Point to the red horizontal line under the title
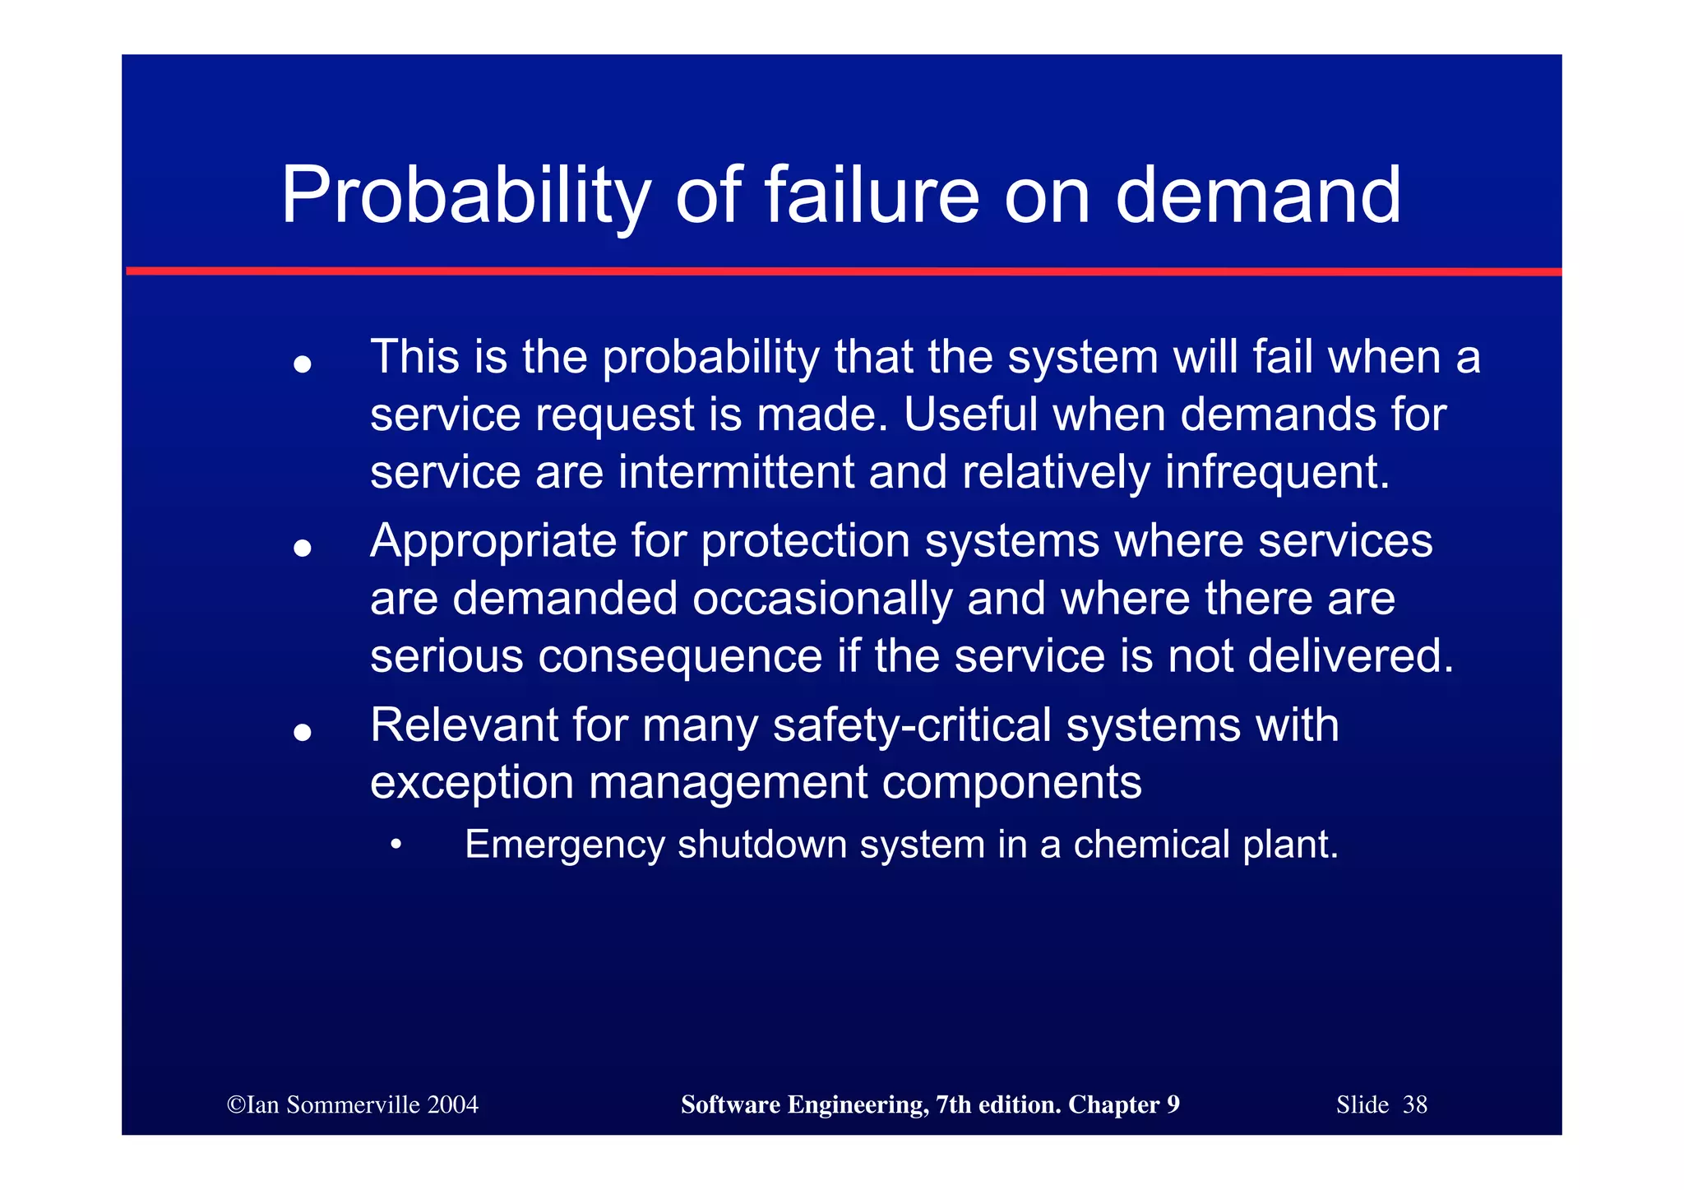click(x=843, y=271)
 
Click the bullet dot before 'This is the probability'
click(x=303, y=363)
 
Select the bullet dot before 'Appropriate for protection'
click(x=303, y=548)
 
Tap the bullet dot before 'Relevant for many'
click(x=303, y=732)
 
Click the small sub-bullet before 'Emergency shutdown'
click(x=396, y=845)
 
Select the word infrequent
click(x=1277, y=472)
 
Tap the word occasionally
click(x=822, y=599)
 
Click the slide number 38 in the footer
click(x=1415, y=1104)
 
